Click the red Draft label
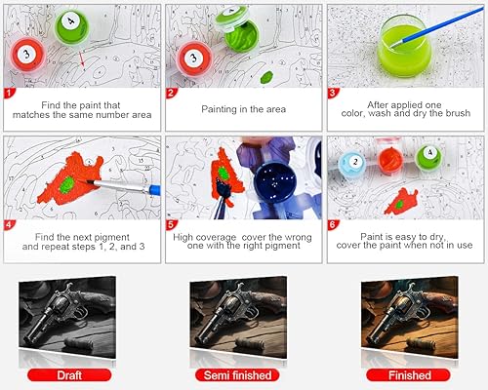click(80, 374)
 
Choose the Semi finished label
click(243, 374)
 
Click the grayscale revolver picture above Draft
click(80, 317)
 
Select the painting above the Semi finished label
click(243, 317)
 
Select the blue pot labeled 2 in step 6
click(353, 164)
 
